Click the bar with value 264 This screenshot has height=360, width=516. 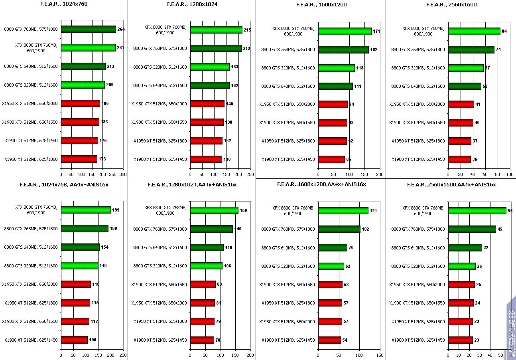point(88,29)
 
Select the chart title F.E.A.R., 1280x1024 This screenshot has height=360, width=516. point(191,5)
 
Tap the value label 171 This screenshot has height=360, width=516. point(376,31)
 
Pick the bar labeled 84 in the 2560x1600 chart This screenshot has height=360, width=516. point(474,31)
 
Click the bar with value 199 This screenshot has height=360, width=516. point(86,210)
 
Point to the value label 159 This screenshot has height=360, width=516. point(243,210)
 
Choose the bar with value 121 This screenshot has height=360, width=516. point(343,211)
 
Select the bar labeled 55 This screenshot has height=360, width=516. point(477,211)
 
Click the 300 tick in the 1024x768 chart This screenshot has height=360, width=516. point(123,174)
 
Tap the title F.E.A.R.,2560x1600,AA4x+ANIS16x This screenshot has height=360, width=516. point(451,185)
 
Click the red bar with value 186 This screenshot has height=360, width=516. point(80,103)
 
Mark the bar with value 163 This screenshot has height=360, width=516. point(210,67)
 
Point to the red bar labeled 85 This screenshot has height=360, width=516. point(331,160)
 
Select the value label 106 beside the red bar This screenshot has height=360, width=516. point(93,340)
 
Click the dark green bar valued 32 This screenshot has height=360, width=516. point(465,248)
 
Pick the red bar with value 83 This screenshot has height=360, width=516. point(203,285)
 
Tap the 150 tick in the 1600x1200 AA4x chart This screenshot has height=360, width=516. point(380,355)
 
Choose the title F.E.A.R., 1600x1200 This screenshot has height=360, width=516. point(321,5)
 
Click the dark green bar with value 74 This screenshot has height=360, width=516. point(471,49)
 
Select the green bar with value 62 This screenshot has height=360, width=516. point(331,266)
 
